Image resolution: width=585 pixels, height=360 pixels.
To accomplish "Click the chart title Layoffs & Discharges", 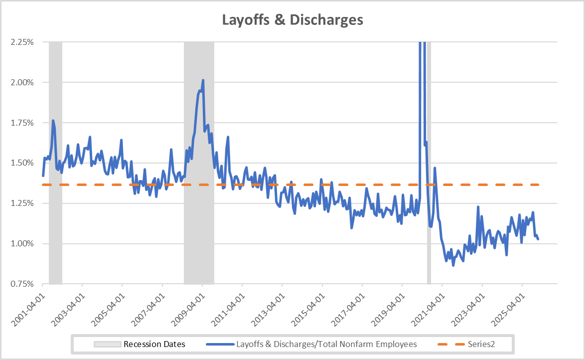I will (292, 20).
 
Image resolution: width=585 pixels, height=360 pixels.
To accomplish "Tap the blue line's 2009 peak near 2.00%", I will (203, 80).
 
